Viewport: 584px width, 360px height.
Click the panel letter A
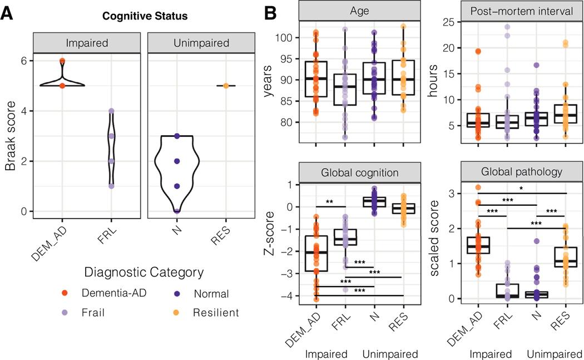[x=7, y=15]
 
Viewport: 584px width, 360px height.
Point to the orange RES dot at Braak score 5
[x=225, y=86]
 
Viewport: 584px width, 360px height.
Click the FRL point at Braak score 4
[x=111, y=111]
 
